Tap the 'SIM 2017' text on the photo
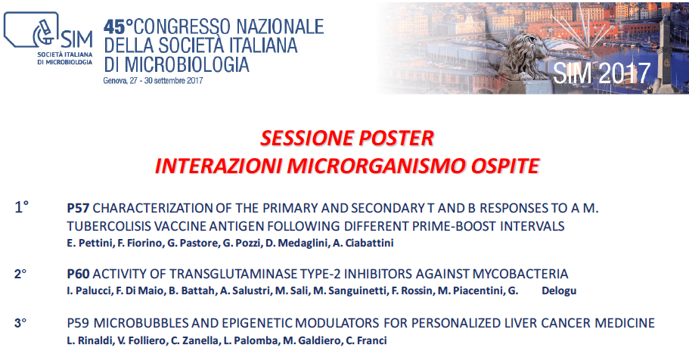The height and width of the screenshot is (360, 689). coord(601,73)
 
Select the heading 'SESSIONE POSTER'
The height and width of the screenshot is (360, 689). coord(346,138)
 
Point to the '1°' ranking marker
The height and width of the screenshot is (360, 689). coord(21,206)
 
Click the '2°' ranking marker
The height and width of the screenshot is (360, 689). coord(20,274)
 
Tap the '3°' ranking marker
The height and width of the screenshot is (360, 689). coord(20,323)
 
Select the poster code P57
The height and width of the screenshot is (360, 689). coord(78,208)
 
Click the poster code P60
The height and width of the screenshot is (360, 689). coord(78,274)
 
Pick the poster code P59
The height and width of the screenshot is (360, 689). coord(78,323)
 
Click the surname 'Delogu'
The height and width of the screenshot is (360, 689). coord(559,290)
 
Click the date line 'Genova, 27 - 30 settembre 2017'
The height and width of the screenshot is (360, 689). coord(153,81)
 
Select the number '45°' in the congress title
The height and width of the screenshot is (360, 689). coord(118,27)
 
